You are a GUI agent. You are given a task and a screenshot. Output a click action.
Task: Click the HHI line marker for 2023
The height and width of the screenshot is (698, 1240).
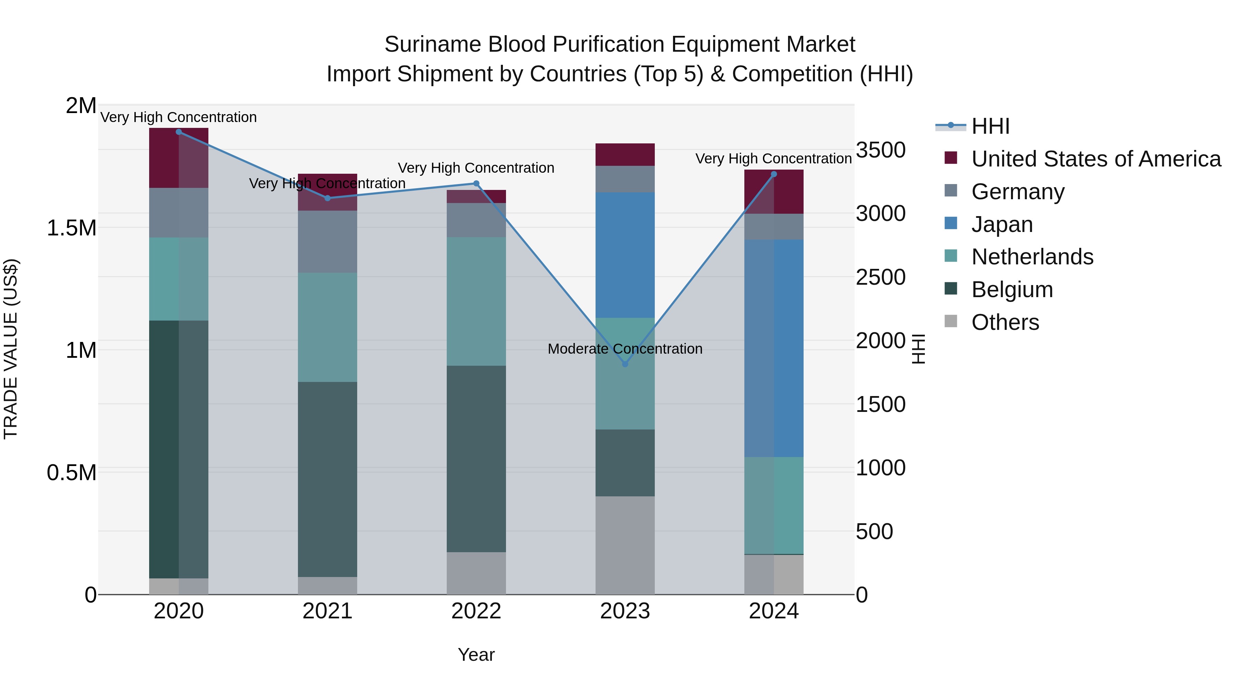(625, 364)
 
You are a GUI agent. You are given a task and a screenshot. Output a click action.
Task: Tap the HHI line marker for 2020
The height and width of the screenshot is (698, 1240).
(178, 132)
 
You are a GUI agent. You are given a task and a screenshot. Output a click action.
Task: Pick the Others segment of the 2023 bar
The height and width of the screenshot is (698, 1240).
(625, 545)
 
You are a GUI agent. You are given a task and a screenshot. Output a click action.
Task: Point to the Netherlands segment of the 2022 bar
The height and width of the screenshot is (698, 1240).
(476, 301)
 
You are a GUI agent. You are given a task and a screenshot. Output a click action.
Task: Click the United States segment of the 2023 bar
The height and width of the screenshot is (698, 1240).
(625, 155)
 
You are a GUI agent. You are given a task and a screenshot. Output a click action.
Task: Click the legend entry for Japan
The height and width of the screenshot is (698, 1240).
(1002, 224)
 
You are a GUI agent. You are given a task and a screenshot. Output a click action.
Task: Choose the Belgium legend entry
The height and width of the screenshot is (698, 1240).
(1012, 290)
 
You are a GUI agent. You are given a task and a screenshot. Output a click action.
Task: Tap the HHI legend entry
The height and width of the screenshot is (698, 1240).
(990, 126)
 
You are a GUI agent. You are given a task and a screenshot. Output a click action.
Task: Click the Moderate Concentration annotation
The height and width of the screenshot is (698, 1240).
(625, 349)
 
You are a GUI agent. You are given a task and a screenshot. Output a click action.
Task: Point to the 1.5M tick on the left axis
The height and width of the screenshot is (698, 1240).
(72, 228)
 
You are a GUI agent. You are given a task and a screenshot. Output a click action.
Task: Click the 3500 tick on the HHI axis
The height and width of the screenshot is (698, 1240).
(880, 150)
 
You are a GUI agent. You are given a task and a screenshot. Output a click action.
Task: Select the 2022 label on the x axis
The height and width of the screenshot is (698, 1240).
(476, 611)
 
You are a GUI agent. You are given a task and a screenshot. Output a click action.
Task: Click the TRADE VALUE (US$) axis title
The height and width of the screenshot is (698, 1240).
(11, 349)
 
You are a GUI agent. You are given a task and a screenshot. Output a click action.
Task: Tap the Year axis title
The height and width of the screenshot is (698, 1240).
(476, 655)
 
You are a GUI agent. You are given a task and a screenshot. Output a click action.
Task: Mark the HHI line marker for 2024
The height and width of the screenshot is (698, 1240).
(774, 174)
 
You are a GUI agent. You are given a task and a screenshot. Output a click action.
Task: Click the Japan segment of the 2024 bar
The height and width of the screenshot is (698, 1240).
(774, 348)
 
